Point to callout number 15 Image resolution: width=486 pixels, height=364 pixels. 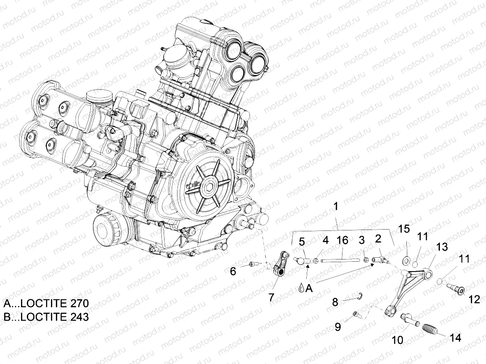click(x=404, y=229)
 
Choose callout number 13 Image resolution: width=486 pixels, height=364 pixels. click(x=442, y=247)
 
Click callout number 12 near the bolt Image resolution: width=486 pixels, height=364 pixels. click(x=473, y=299)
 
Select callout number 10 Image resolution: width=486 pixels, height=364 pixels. click(x=397, y=340)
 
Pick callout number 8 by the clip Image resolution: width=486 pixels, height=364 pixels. click(x=335, y=302)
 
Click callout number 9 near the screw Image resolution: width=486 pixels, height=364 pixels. click(x=338, y=326)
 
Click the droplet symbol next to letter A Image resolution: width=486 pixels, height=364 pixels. click(x=303, y=289)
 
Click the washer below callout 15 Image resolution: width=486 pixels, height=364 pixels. click(x=407, y=259)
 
